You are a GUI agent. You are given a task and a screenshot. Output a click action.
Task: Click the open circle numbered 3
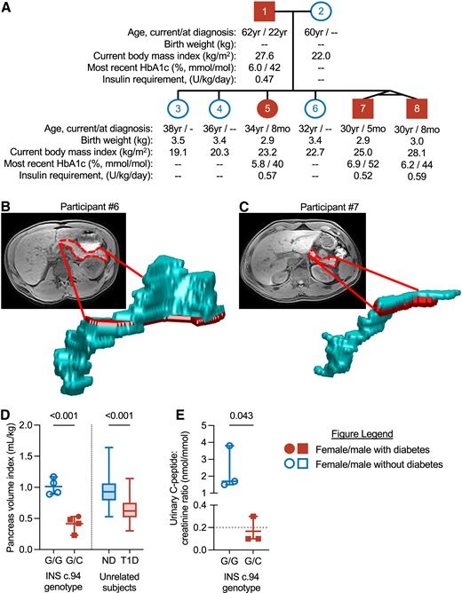pos(179,107)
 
